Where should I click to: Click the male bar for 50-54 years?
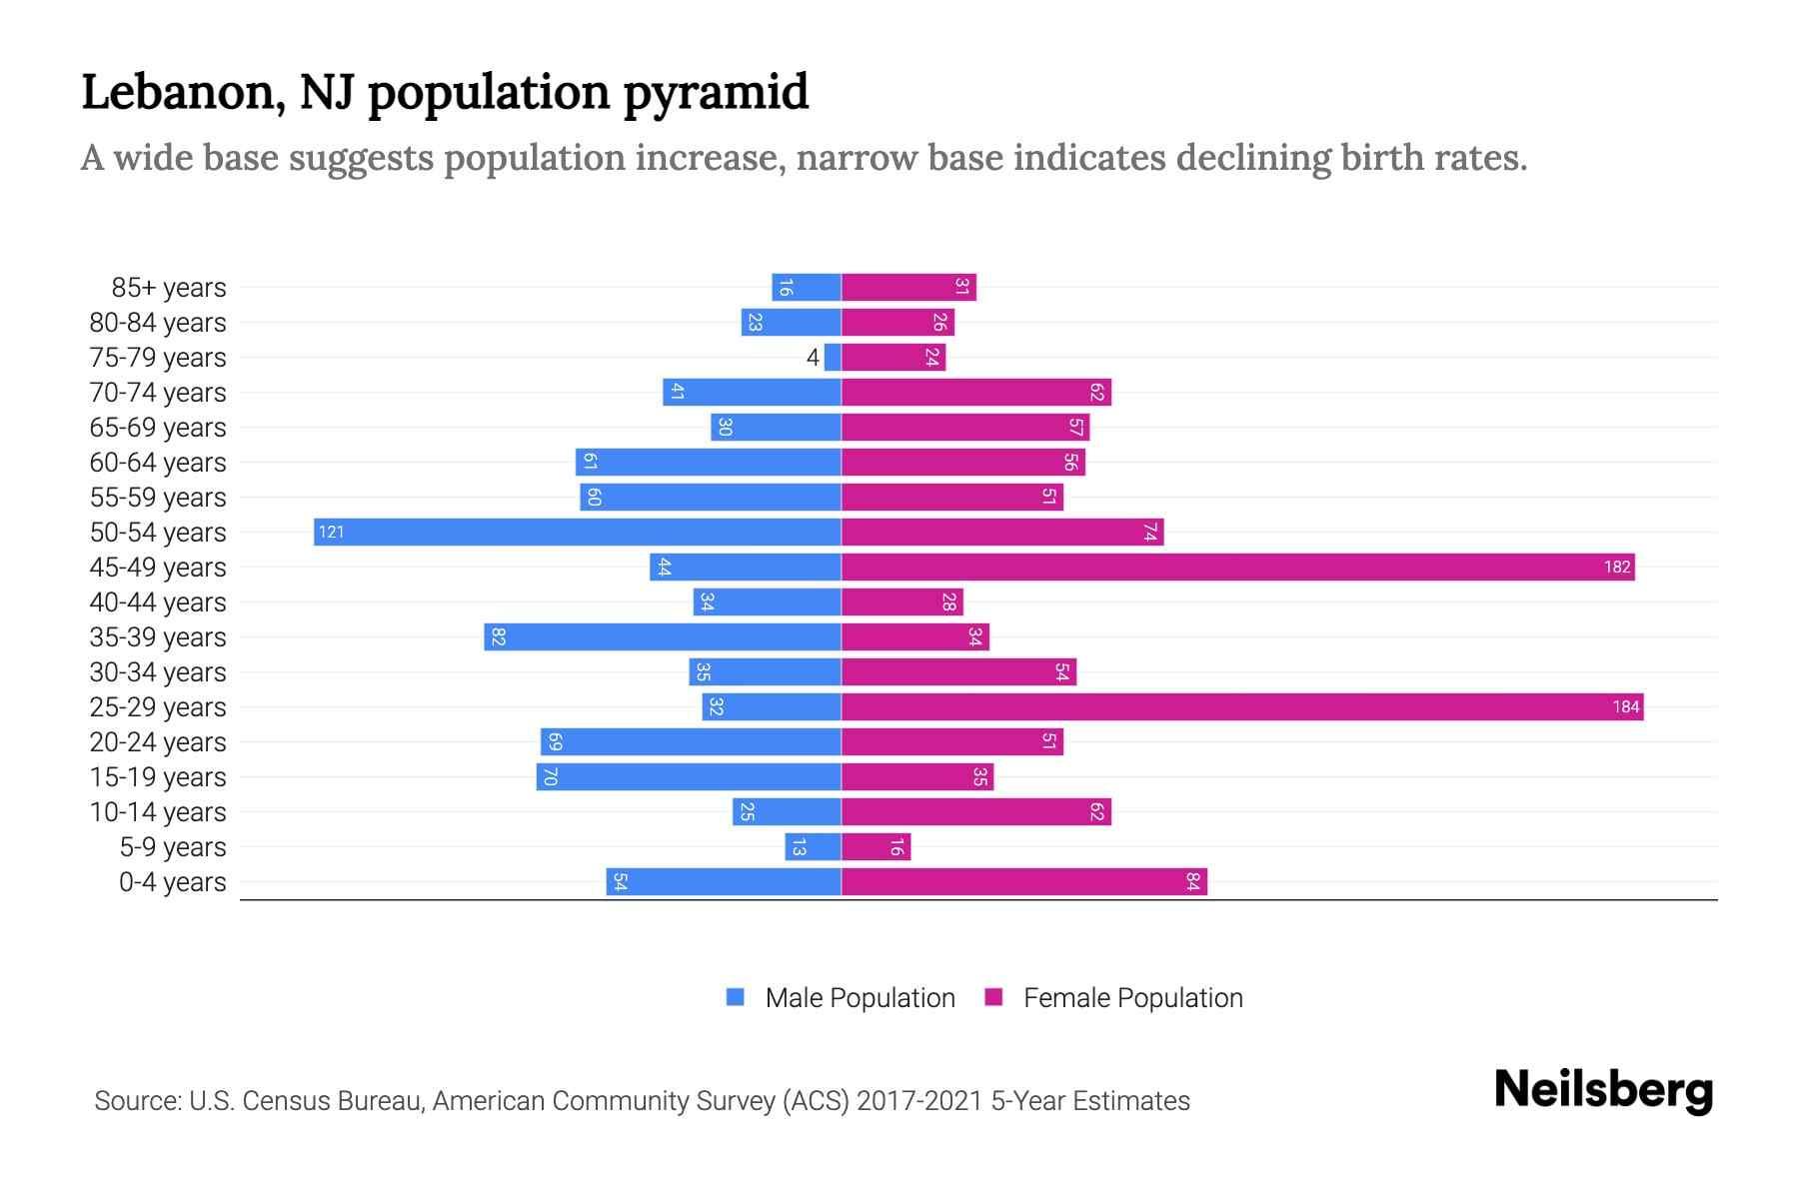point(577,532)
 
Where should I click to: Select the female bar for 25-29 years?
point(1241,706)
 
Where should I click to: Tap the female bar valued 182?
point(1237,567)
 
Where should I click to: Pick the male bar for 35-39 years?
point(662,636)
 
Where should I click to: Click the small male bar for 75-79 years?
point(833,357)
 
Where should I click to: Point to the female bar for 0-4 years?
point(1023,881)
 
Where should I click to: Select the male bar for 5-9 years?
point(813,846)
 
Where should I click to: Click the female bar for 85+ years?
point(907,287)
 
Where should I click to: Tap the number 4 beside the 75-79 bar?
point(813,357)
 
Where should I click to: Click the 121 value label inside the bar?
point(331,532)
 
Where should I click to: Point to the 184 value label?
point(1625,706)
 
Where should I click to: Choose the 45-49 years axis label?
point(158,567)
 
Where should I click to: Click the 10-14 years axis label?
point(158,811)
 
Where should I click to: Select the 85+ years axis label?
point(169,287)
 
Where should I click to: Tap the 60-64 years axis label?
point(158,462)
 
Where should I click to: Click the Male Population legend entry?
point(859,997)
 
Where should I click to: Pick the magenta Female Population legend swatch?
point(993,997)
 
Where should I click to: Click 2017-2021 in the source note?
point(918,1100)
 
